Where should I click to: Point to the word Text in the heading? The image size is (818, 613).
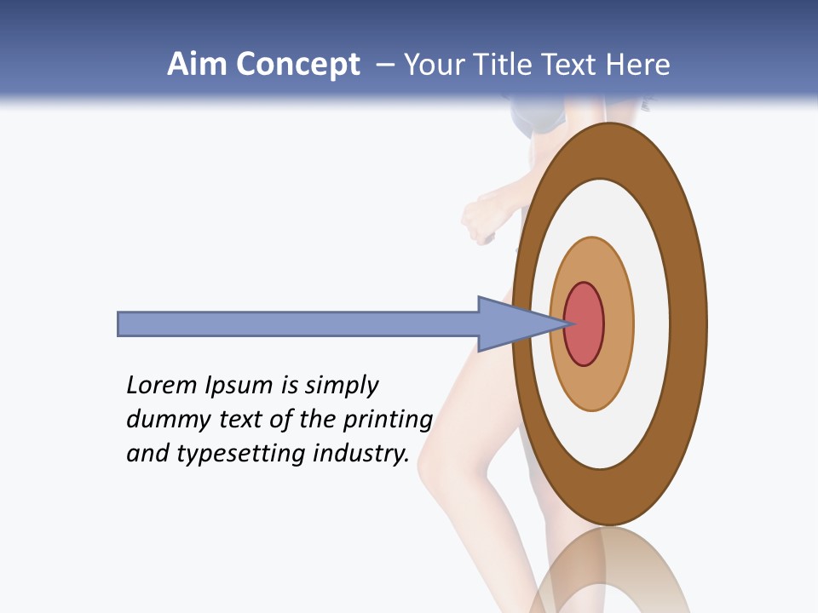571,65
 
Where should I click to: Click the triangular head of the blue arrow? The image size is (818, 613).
511,324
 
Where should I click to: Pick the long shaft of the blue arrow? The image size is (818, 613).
298,324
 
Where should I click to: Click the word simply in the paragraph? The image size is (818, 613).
341,386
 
